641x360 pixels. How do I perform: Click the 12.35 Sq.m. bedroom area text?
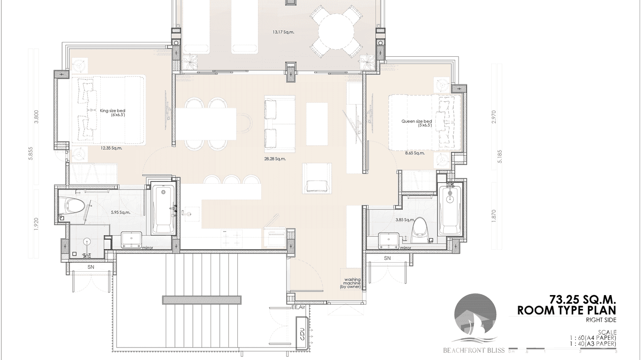coord(112,148)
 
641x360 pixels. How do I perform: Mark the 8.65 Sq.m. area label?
coord(415,153)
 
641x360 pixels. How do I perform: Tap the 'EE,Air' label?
coord(299,307)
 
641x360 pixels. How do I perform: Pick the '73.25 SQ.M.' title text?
coord(583,300)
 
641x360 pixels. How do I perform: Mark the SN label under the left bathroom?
coord(91,268)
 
